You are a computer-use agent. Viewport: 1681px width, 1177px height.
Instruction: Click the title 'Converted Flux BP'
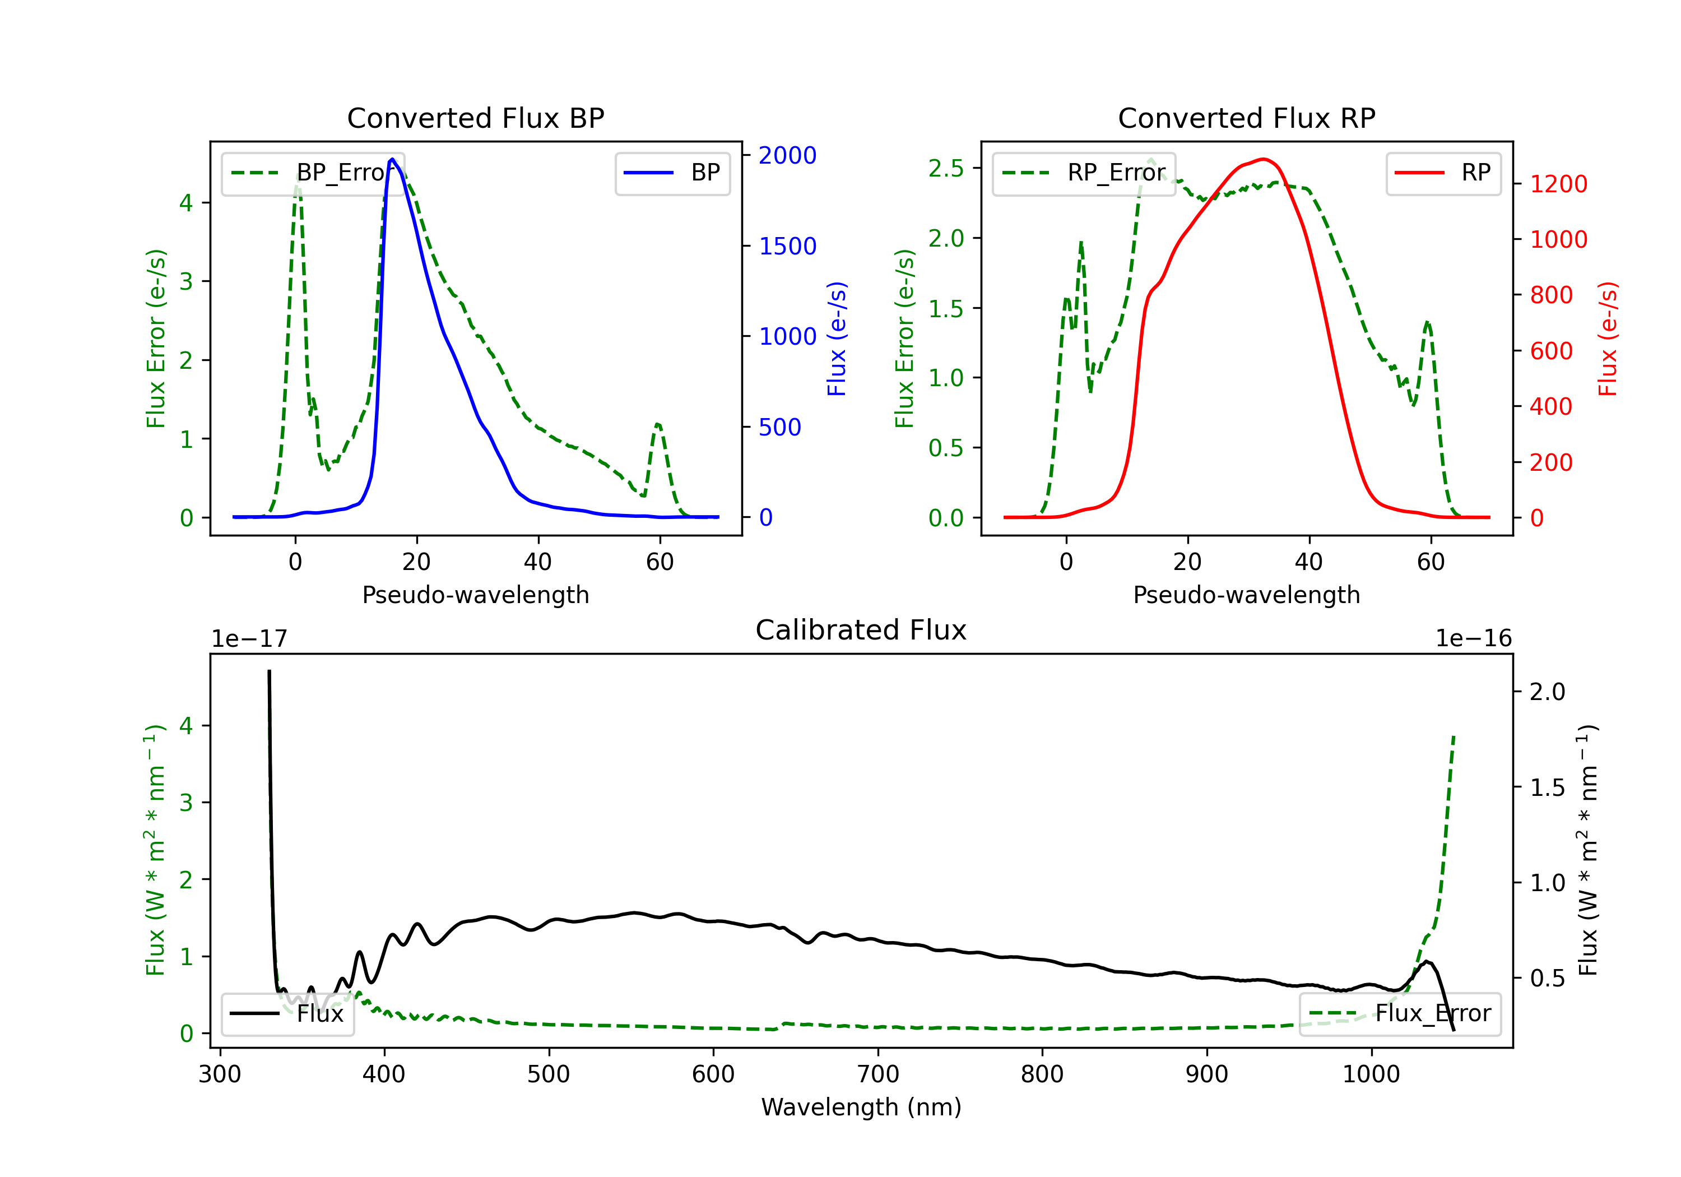click(x=475, y=118)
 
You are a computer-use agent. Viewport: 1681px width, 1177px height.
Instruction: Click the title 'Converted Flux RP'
click(x=1246, y=118)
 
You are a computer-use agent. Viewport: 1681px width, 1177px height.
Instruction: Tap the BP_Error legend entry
click(x=313, y=173)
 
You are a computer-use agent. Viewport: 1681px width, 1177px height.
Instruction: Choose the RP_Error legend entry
click(x=1084, y=173)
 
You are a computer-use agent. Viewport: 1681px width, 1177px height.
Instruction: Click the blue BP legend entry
click(x=672, y=173)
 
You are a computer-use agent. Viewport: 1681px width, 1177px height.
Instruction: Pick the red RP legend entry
click(x=1442, y=173)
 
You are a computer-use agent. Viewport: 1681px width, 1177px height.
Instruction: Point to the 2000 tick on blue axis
click(x=787, y=155)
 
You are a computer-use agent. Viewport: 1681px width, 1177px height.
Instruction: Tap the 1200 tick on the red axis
click(x=1558, y=184)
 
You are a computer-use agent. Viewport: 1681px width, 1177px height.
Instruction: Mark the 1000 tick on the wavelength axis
click(x=1371, y=1074)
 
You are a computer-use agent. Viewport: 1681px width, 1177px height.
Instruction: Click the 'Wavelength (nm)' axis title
click(x=861, y=1107)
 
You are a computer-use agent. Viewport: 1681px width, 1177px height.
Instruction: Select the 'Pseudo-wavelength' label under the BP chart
click(x=475, y=595)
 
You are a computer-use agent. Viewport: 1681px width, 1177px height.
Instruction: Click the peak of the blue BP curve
click(x=392, y=159)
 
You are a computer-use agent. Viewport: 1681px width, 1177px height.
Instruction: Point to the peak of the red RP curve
click(x=1262, y=159)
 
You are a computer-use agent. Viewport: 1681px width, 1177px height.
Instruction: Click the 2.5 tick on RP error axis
click(x=946, y=169)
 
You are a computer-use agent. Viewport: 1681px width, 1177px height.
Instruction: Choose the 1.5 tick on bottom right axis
click(x=1547, y=787)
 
